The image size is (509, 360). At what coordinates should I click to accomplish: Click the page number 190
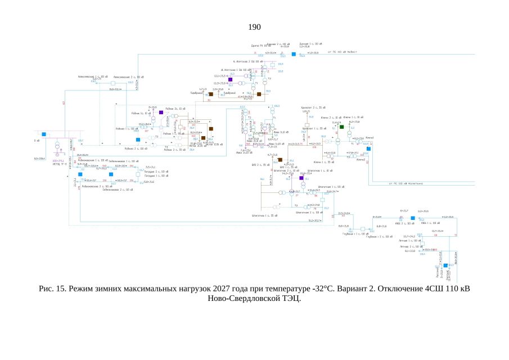[254, 27]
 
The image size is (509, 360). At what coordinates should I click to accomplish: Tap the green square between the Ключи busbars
[341, 128]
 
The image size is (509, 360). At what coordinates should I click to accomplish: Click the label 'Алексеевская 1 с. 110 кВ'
[91, 76]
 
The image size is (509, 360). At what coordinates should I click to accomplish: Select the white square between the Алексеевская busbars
[113, 83]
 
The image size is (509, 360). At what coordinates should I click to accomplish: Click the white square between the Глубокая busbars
[363, 229]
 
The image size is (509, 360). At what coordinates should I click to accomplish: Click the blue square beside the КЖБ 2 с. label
[412, 218]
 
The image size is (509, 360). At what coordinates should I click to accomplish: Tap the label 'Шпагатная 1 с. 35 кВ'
[264, 215]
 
